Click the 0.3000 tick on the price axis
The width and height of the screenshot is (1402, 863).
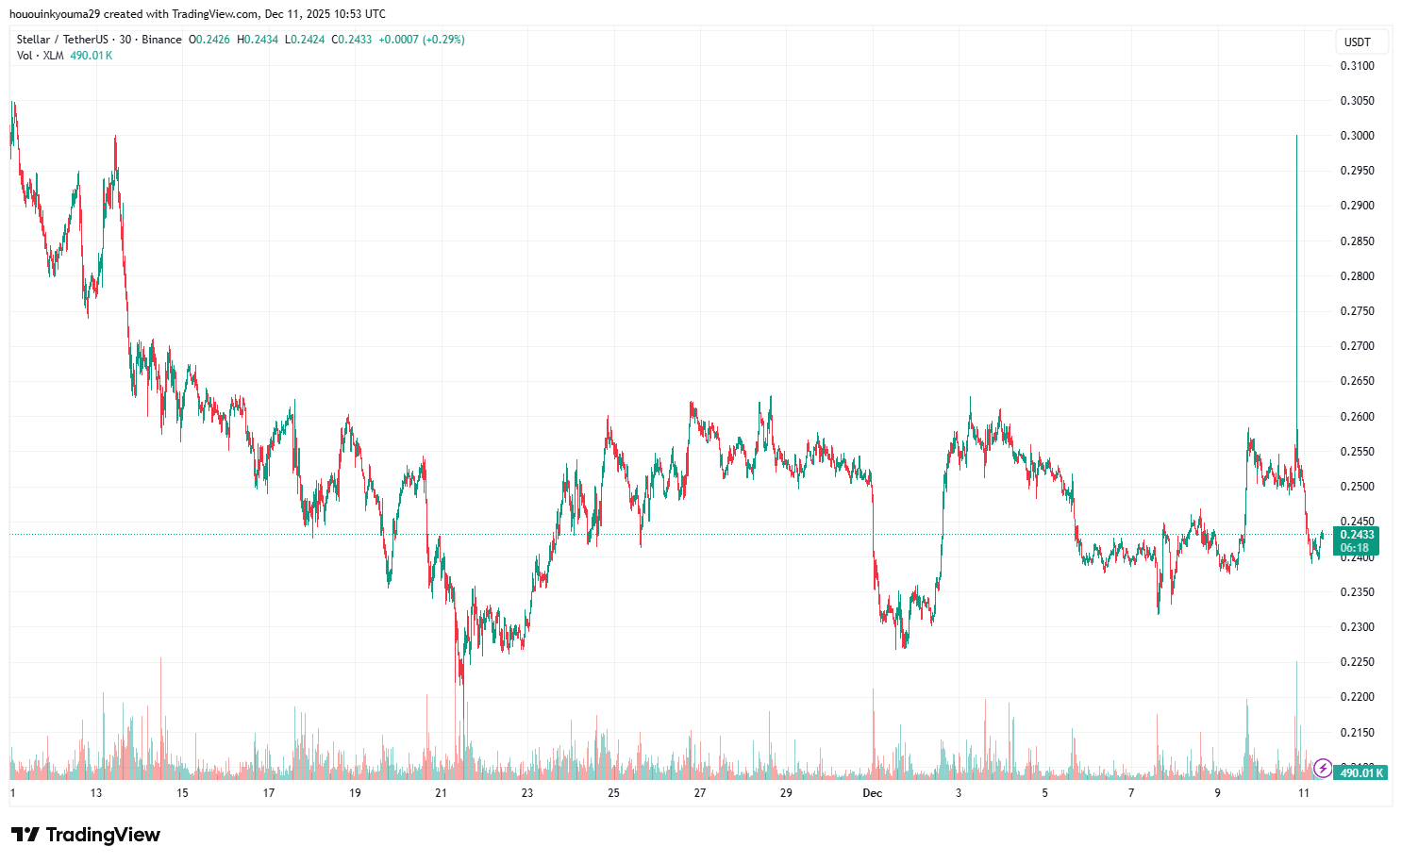tap(1357, 136)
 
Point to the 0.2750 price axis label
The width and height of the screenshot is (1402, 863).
tap(1357, 311)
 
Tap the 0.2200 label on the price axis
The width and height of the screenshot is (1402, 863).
tap(1357, 697)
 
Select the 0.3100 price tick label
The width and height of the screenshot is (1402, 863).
tap(1357, 66)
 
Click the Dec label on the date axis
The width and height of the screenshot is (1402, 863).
tap(873, 793)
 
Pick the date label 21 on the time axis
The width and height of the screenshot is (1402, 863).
tap(441, 793)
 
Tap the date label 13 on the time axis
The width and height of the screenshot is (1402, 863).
tap(96, 793)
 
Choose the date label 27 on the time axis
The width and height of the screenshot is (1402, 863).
tap(700, 793)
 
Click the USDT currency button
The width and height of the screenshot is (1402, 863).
tap(1358, 42)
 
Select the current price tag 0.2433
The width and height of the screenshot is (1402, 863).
tap(1355, 535)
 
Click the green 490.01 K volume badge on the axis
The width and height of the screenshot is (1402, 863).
tap(1361, 773)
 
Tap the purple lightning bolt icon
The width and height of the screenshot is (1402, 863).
tap(1323, 769)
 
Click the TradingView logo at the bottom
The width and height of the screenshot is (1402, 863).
tap(86, 835)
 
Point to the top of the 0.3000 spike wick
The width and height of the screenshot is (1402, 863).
tap(1296, 137)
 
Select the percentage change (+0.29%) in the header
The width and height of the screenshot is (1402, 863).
tap(443, 40)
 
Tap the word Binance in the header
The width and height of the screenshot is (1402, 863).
tap(161, 40)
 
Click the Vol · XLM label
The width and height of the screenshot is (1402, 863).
tap(41, 56)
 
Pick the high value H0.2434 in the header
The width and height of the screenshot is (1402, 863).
tap(258, 40)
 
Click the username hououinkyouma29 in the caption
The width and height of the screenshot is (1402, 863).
tap(54, 14)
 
